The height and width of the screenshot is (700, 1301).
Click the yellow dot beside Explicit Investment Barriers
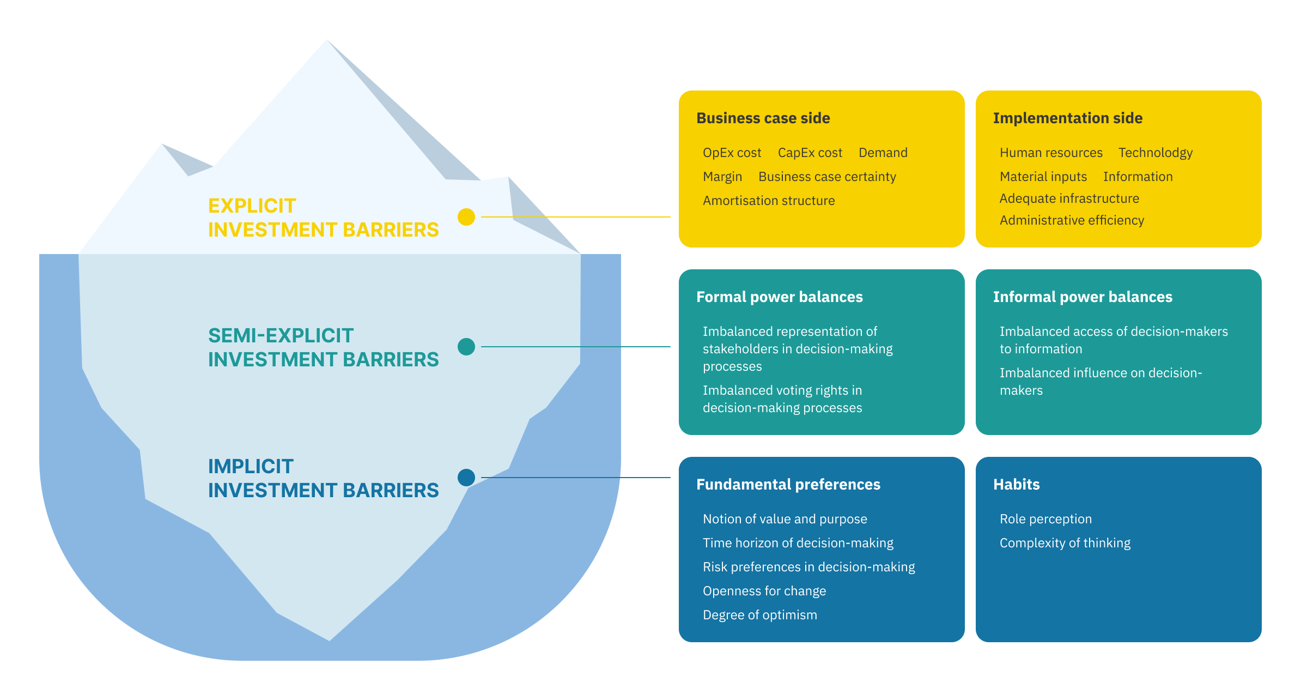tap(466, 217)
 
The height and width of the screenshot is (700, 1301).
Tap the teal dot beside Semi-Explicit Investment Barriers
tap(466, 347)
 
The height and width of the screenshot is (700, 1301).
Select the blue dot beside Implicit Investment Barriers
tap(466, 478)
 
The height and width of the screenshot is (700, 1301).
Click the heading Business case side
tap(763, 118)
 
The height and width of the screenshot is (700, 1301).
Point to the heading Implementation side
tap(1067, 118)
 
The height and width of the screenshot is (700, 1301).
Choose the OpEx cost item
tap(732, 153)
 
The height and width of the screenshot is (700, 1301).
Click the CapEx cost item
tap(810, 153)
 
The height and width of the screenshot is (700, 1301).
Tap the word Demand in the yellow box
tap(883, 153)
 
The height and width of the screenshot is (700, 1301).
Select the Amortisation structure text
tap(768, 201)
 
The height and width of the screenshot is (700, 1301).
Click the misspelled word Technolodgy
tap(1155, 153)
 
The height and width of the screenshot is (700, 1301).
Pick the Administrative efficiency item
tap(1072, 221)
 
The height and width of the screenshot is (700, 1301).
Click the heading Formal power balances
tap(779, 297)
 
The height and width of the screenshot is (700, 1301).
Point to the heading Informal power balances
tap(1083, 297)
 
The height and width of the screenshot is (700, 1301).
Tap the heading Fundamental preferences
tap(788, 485)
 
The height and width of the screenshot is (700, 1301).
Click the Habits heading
tap(1016, 485)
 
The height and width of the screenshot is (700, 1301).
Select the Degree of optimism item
tap(759, 615)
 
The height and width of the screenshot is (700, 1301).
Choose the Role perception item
tap(1045, 520)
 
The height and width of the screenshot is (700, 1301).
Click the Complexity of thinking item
tap(1065, 544)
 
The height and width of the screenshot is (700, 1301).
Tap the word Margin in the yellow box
tap(722, 177)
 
